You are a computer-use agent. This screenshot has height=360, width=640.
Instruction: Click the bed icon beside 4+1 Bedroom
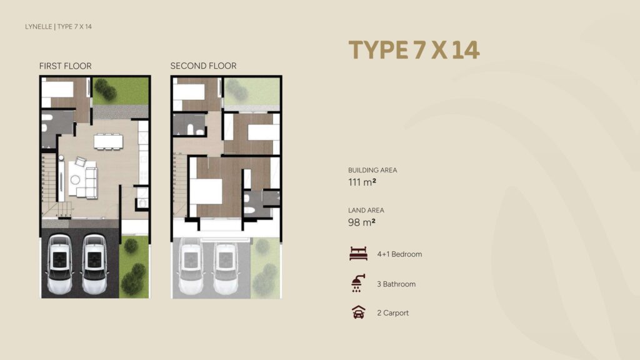point(359,254)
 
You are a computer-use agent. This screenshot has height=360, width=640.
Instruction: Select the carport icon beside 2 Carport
point(359,313)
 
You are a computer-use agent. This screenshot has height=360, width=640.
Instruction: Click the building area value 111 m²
point(362,182)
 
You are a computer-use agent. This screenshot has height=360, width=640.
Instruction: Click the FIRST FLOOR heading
point(65,66)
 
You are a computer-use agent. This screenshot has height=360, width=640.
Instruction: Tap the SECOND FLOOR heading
point(203,66)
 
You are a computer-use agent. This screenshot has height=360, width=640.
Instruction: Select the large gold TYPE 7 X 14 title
point(414,50)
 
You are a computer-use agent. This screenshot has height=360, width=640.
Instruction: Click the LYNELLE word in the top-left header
point(39,26)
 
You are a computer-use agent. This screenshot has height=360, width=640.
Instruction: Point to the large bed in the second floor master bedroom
point(206,191)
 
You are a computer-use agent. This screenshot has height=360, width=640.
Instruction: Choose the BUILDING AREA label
point(372,170)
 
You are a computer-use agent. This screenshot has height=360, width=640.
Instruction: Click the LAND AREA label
point(366,211)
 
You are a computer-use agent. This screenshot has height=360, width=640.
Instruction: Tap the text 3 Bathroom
point(396,284)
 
